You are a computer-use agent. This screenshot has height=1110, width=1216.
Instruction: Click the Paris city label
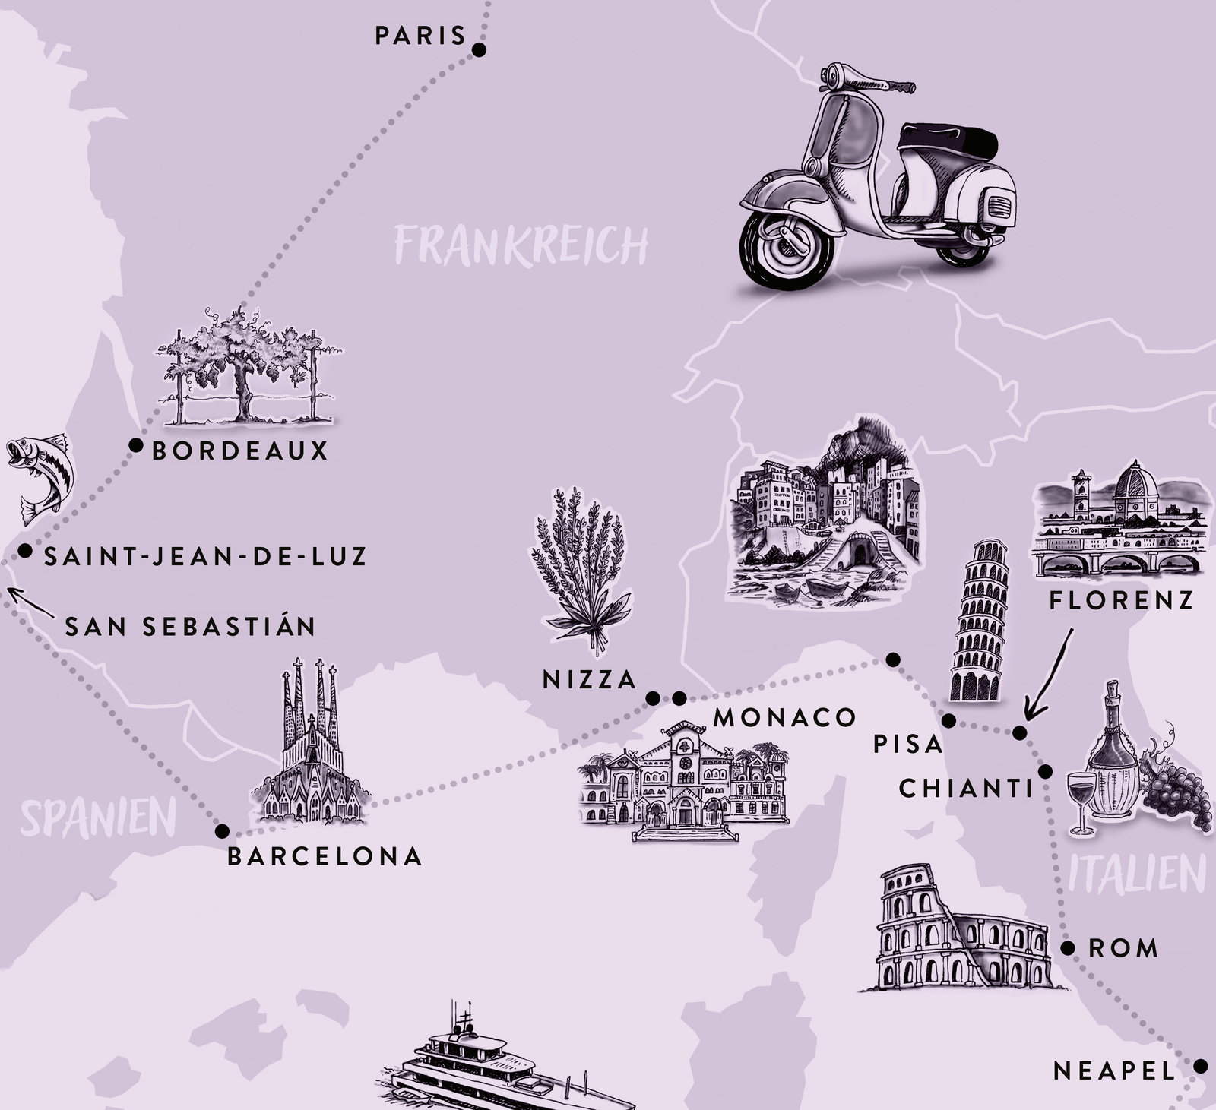pos(420,36)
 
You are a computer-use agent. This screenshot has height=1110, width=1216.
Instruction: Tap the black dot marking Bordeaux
pos(136,445)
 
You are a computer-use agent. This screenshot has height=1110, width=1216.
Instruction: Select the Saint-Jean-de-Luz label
pos(205,556)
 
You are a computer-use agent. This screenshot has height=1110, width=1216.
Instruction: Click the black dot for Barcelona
pos(223,830)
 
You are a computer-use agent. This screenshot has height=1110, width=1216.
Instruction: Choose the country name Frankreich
pos(521,245)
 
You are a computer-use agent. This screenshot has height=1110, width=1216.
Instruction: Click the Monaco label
pos(784,717)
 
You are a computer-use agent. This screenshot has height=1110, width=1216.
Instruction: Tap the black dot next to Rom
pos(1068,948)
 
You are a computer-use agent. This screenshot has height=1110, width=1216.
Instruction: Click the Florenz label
pos(1121,601)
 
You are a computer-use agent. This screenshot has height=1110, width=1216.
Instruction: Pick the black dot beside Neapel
pos(1200,1066)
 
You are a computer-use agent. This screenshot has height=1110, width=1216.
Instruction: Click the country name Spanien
pos(99,817)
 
